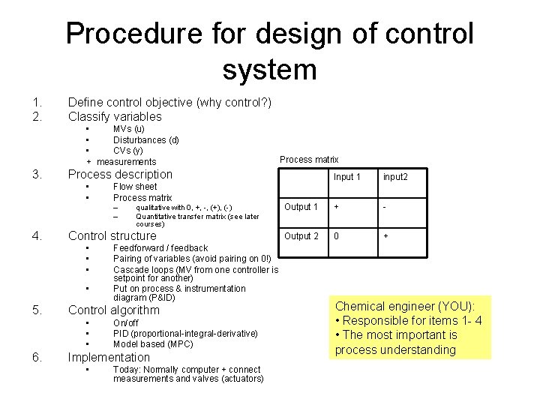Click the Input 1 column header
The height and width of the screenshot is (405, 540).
(347, 177)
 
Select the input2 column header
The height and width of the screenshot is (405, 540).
(395, 177)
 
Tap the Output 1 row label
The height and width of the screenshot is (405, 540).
(301, 207)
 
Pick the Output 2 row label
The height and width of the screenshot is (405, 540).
(301, 236)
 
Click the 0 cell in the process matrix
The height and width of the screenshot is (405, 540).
(337, 236)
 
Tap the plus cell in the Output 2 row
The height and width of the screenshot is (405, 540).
(386, 236)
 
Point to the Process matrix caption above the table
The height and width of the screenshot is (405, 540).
(309, 159)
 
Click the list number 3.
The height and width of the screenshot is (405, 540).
(36, 175)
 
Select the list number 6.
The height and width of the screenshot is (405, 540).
(36, 358)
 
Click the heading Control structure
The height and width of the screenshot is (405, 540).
(112, 235)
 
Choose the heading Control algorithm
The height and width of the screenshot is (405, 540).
(113, 310)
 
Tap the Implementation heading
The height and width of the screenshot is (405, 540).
(109, 358)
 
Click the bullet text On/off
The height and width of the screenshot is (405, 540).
(125, 323)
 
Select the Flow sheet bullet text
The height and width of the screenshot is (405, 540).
(135, 187)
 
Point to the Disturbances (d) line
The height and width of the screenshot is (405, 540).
(145, 139)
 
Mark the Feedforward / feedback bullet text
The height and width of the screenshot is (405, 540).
(160, 248)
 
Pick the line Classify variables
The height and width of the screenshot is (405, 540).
(114, 116)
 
